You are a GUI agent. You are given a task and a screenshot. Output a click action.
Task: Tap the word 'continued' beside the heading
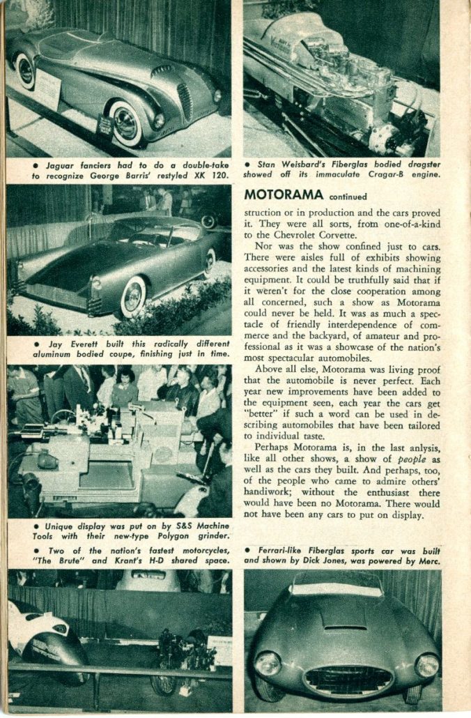[x=348, y=197]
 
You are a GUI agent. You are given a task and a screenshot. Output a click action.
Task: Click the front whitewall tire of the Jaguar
[x=127, y=122]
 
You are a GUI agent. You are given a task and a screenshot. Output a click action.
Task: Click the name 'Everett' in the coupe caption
[x=80, y=344]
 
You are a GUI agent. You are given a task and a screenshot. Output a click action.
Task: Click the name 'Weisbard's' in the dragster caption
[x=304, y=165]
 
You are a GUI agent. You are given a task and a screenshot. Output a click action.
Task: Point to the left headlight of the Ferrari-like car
[x=268, y=663]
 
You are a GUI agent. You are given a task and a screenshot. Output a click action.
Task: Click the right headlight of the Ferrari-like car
[x=426, y=664]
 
